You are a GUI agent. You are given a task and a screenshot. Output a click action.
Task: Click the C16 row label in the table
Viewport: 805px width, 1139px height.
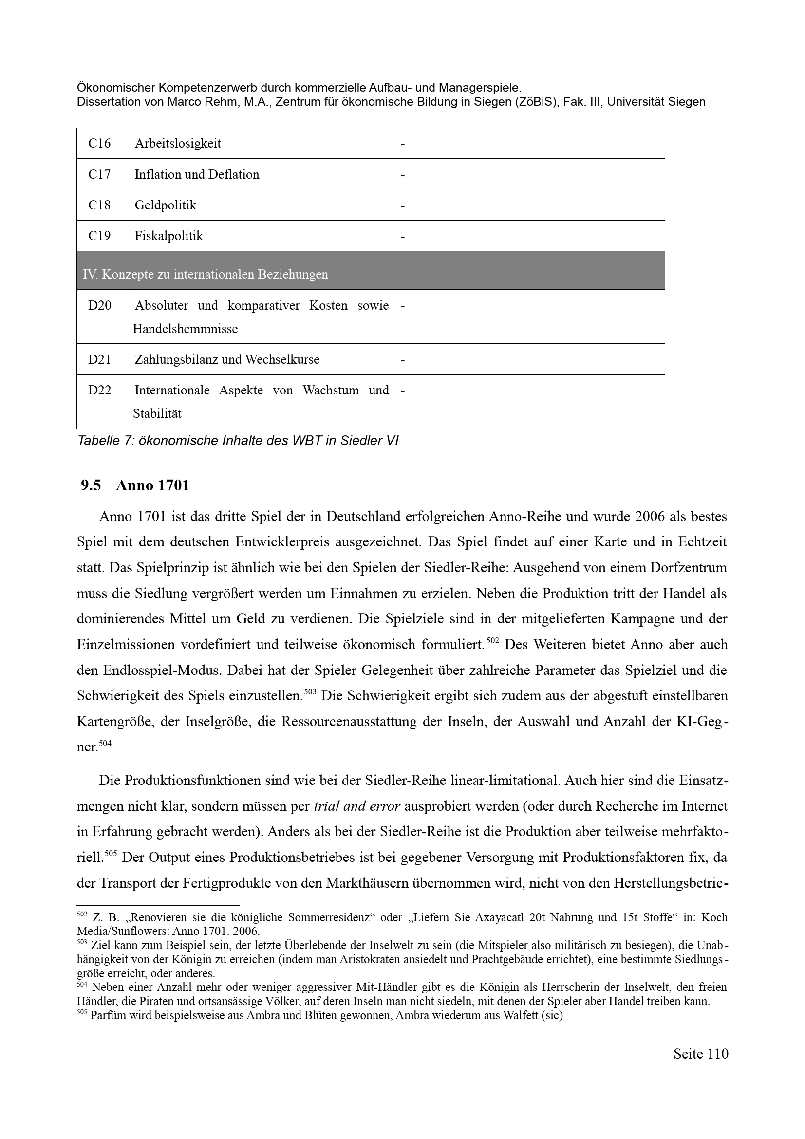coord(99,143)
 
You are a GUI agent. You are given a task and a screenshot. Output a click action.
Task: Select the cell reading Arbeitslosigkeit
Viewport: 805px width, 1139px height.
coord(178,143)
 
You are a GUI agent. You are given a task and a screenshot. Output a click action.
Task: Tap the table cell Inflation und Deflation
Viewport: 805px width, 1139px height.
coord(197,174)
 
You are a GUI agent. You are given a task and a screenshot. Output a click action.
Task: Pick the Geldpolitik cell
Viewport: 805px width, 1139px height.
coord(166,205)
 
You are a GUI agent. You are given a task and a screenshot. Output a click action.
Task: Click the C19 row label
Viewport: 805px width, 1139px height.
coord(99,236)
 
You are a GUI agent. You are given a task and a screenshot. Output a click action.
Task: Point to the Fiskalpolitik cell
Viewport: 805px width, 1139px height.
coord(168,236)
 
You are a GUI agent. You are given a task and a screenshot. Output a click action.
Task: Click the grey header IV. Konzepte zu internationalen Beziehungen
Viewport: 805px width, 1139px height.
coord(206,274)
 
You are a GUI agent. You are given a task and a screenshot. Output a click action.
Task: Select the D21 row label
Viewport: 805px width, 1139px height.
coord(100,359)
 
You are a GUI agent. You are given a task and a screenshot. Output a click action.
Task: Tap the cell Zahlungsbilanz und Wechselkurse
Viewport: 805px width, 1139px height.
coord(226,359)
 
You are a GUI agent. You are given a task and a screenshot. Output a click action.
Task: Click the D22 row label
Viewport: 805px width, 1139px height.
coord(100,390)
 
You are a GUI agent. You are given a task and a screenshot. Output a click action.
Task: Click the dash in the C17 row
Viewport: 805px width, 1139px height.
coord(403,175)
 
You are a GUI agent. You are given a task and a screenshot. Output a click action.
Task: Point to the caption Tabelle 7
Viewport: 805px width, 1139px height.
coord(238,441)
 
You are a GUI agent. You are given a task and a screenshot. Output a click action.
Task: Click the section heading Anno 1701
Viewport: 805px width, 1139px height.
coord(153,485)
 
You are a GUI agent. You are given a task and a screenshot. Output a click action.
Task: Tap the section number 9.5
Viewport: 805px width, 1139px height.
coord(91,485)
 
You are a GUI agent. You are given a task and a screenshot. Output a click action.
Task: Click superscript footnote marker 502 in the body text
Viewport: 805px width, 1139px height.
coord(492,640)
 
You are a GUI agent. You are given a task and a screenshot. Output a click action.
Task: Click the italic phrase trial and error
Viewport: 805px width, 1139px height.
coord(356,806)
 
